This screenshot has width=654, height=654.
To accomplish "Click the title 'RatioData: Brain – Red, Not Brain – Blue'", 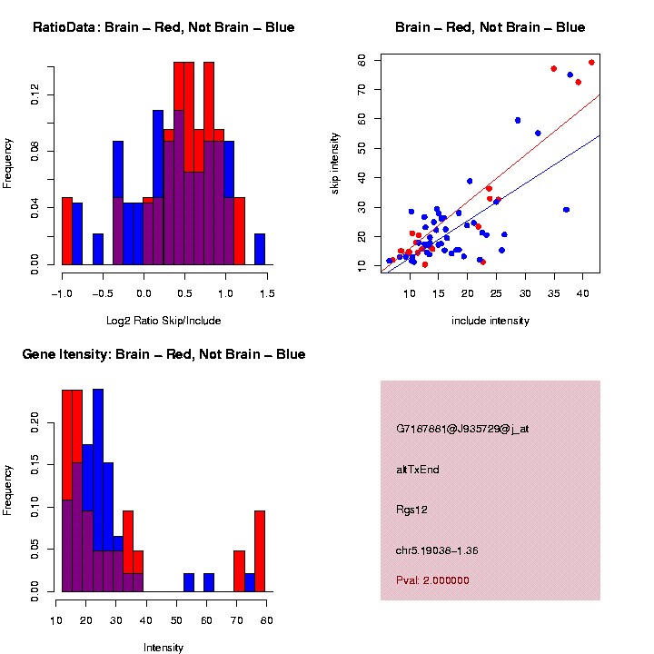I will point(163,27).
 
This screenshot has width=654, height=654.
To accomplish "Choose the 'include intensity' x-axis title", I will point(490,321).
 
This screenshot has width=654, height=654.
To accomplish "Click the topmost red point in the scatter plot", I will point(591,63).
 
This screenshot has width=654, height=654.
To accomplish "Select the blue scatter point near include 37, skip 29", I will point(566,210).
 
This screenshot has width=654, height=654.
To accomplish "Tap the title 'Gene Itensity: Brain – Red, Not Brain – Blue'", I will point(163,354).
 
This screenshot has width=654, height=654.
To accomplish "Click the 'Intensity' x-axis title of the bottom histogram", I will point(163,648).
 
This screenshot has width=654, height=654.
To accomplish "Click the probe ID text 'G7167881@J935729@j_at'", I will point(461,428).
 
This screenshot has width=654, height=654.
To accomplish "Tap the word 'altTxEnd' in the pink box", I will point(418,469).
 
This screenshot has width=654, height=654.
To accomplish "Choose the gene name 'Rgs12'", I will point(411,510).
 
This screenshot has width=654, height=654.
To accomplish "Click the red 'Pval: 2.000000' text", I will point(432,580).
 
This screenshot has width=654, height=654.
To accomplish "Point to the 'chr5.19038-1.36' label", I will point(438,550).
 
